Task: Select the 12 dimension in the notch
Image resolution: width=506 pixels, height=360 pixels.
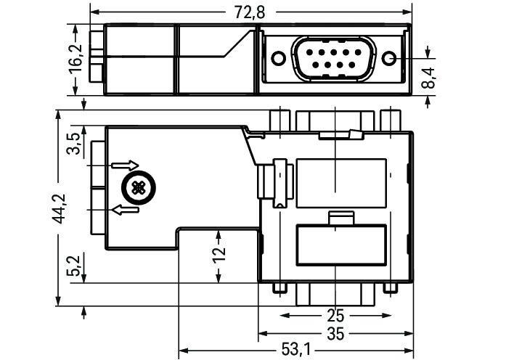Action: tap(219, 253)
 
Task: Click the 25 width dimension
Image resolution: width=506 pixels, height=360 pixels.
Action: tap(335, 316)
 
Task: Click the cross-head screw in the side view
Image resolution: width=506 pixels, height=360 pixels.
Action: tap(136, 188)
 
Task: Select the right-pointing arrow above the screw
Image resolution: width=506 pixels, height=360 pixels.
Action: tap(123, 165)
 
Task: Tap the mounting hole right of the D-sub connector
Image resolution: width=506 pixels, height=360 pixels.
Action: tap(390, 59)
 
